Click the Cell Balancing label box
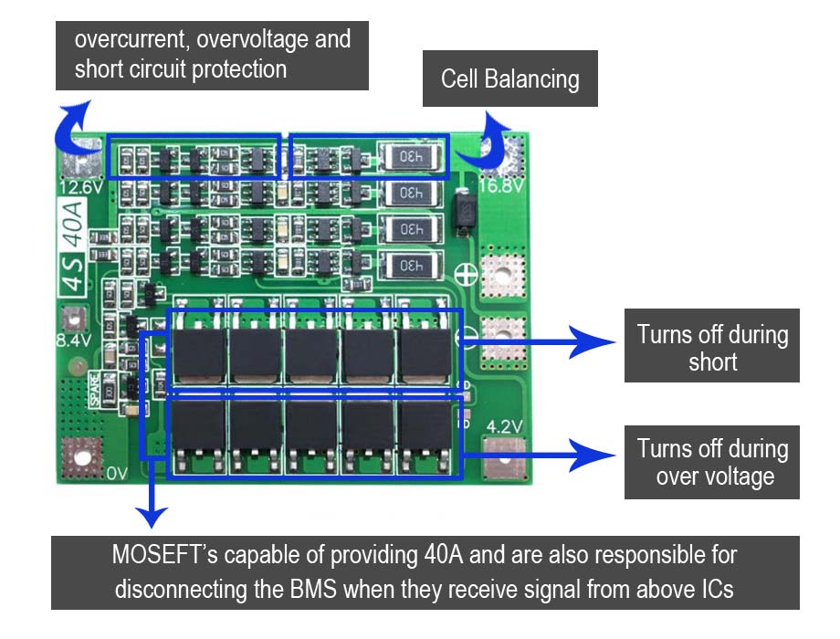coord(509,79)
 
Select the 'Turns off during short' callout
coord(712,347)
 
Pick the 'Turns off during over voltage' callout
coord(712,462)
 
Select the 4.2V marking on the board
coord(504,427)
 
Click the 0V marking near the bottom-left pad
coord(117,473)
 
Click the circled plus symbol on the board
coord(466,271)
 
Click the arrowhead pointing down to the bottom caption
coord(152,519)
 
